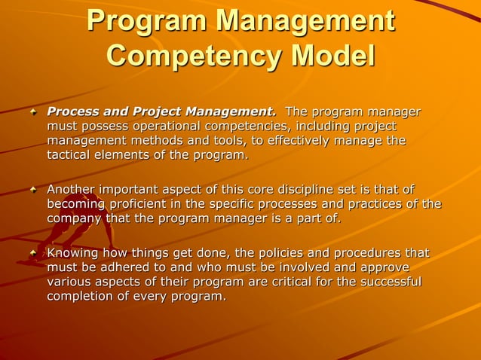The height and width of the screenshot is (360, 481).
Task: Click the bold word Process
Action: pos(74,112)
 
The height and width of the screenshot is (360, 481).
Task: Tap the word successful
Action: pos(391,282)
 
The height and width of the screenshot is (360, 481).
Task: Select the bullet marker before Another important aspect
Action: pos(32,190)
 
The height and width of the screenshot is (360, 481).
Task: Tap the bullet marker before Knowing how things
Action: pos(32,253)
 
